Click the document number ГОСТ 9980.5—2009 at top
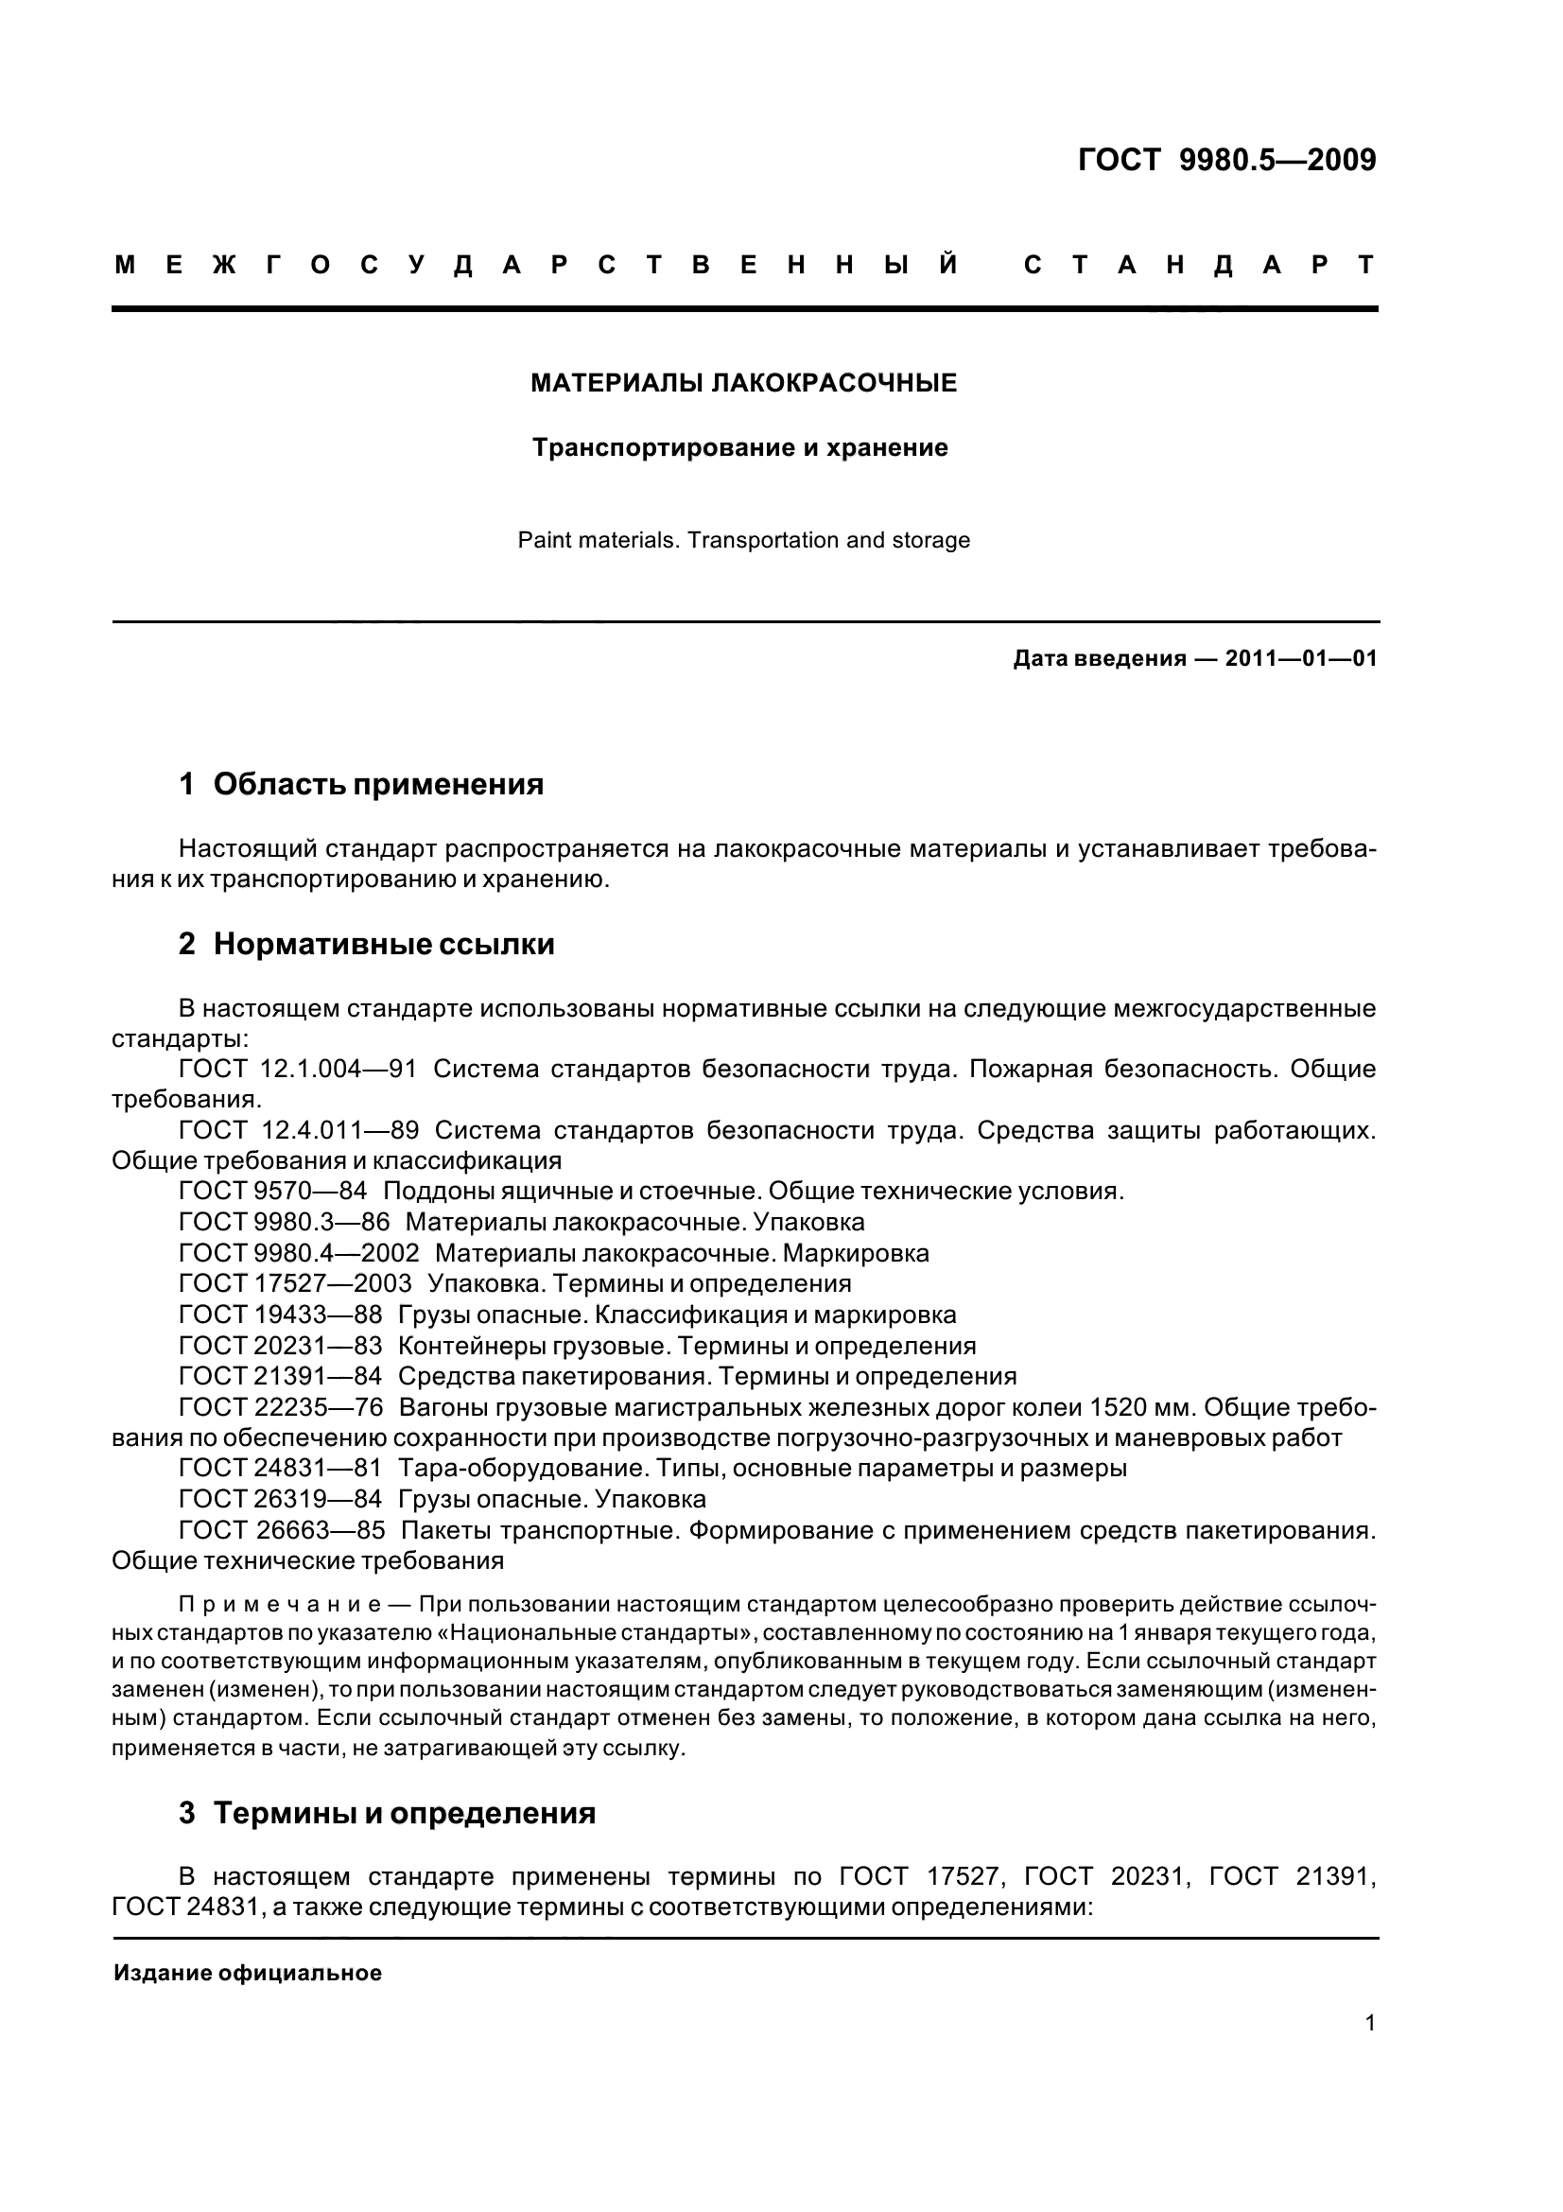tap(1227, 160)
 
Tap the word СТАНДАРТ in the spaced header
tap(1199, 265)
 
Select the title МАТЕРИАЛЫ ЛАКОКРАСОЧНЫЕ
tap(744, 383)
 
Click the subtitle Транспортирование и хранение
tap(740, 448)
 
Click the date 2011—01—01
tap(1300, 659)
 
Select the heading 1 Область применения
tap(361, 785)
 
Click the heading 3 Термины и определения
tap(387, 1814)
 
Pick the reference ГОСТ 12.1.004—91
tap(299, 1070)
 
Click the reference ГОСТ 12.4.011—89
tap(299, 1131)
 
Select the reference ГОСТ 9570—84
tap(272, 1192)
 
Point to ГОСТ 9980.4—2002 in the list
tap(299, 1253)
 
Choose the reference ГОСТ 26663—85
tap(281, 1531)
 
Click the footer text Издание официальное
tap(248, 1973)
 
